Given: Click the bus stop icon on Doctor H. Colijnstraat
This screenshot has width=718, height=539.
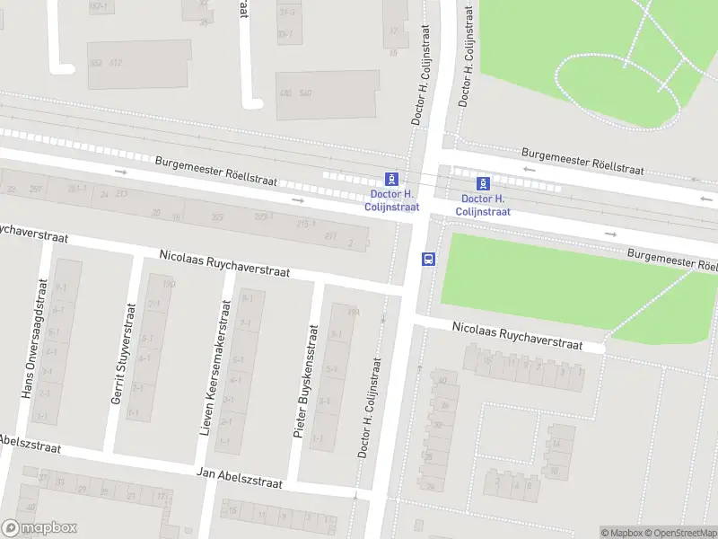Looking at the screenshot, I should point(428,259).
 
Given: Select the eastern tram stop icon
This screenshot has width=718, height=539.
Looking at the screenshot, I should point(483,182).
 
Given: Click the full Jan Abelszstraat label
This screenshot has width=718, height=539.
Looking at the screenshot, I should point(239,477).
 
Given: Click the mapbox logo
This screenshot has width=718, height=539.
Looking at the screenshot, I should point(39,528).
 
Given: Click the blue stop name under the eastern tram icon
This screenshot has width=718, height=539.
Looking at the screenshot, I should point(483,205).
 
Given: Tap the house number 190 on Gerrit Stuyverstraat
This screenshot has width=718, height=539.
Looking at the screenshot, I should point(168,284).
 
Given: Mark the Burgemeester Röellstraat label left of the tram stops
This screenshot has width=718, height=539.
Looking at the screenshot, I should point(216,171).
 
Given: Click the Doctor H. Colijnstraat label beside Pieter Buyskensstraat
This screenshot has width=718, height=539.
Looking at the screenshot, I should point(370,409).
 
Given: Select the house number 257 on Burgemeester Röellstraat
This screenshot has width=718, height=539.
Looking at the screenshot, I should point(37,190).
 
